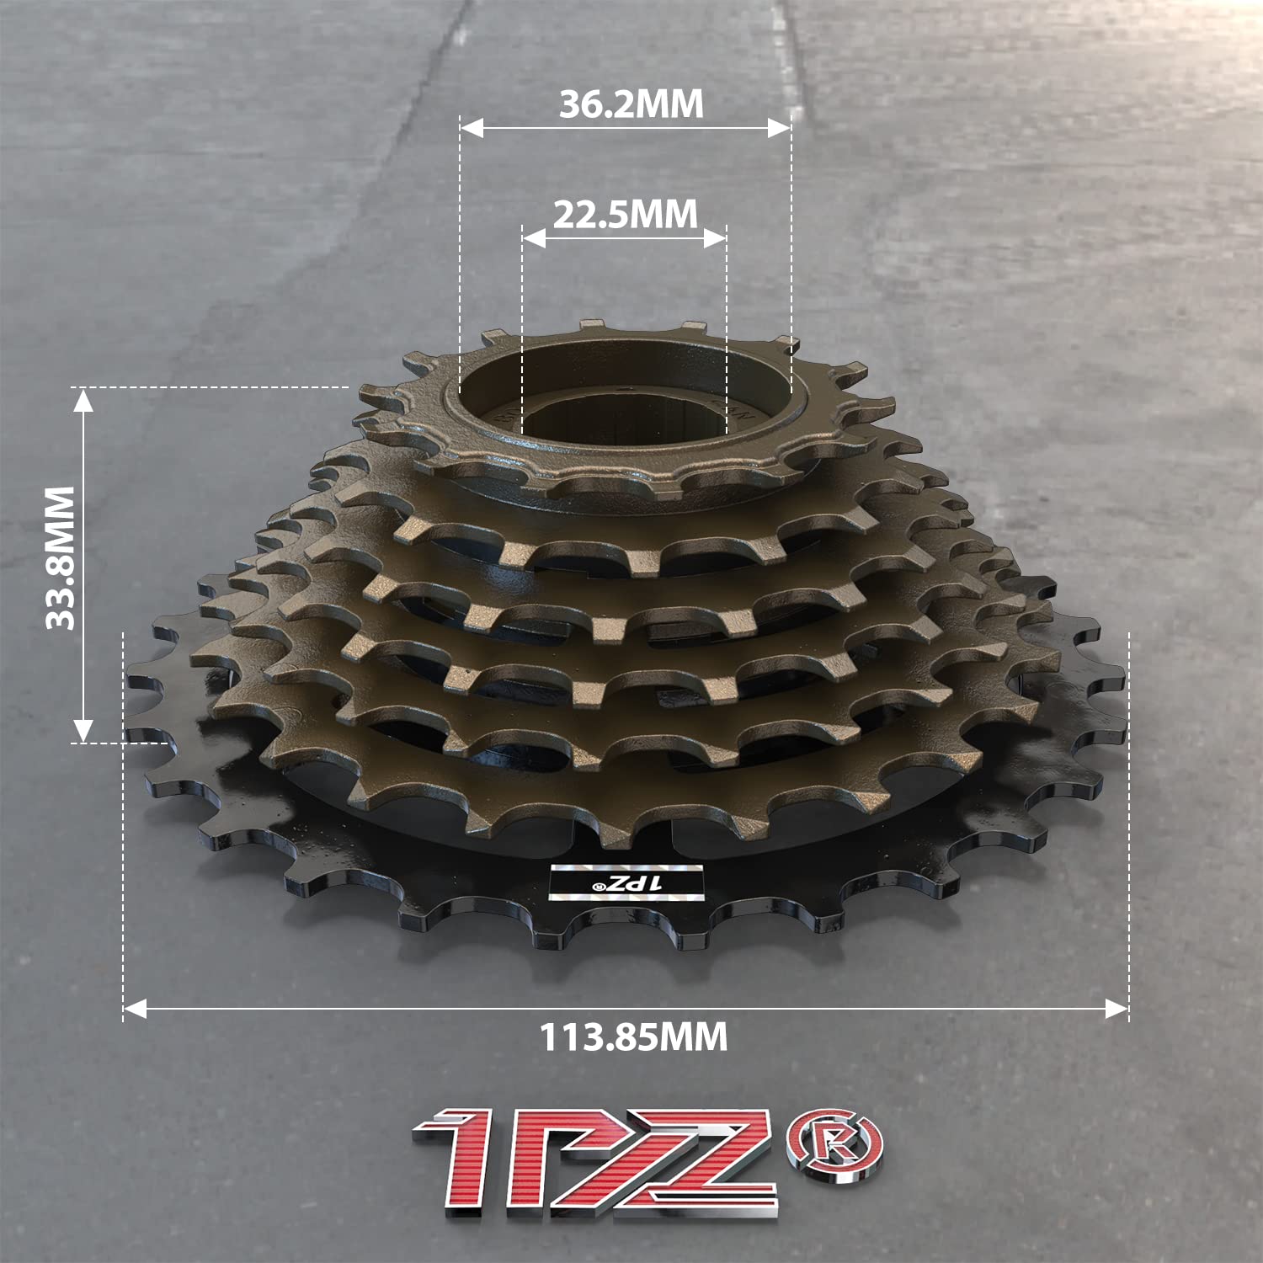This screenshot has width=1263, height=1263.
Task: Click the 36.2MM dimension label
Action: tap(631, 104)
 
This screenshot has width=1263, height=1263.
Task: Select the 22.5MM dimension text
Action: tap(626, 215)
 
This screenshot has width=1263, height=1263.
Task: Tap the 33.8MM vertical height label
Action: tap(61, 557)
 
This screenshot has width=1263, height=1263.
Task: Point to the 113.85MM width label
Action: tap(633, 1037)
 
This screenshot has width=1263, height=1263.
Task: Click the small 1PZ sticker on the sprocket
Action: tap(626, 882)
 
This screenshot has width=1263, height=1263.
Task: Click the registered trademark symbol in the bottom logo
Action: tap(834, 1142)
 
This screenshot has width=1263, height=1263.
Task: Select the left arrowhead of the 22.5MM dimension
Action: tap(533, 239)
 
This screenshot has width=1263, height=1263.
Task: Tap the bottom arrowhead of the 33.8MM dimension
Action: tap(83, 731)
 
